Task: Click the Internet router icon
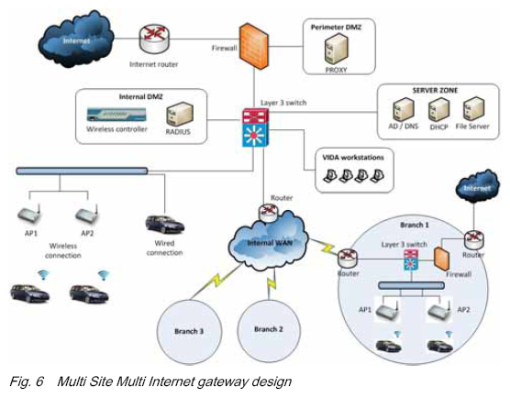coord(154,39)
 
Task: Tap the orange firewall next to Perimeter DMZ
coord(254,46)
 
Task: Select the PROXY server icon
coord(336,50)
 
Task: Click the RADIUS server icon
coord(180,114)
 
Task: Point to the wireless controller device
coord(116,115)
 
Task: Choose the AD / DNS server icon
coord(404,109)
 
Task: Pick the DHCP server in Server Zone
coord(438,109)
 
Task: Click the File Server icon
coord(473,109)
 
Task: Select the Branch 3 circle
coord(189,331)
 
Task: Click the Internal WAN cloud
coord(269,241)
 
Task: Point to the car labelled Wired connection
coord(164,225)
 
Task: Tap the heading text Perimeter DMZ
coord(336,28)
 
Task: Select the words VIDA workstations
coord(353,158)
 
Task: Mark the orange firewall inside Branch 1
coord(442,260)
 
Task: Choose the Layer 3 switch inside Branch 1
coord(411,260)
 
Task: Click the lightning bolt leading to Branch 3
coord(216,280)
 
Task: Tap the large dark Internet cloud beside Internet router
coord(76,39)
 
